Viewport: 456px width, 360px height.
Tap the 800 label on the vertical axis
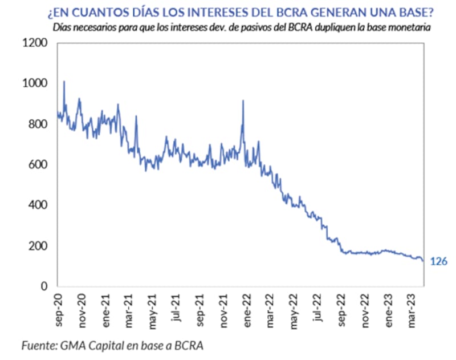click(38, 124)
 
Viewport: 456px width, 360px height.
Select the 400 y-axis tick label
click(38, 205)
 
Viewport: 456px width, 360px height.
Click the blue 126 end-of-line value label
click(438, 262)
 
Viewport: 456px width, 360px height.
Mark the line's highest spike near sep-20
click(64, 82)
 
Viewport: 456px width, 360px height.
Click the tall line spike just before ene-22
click(243, 101)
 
